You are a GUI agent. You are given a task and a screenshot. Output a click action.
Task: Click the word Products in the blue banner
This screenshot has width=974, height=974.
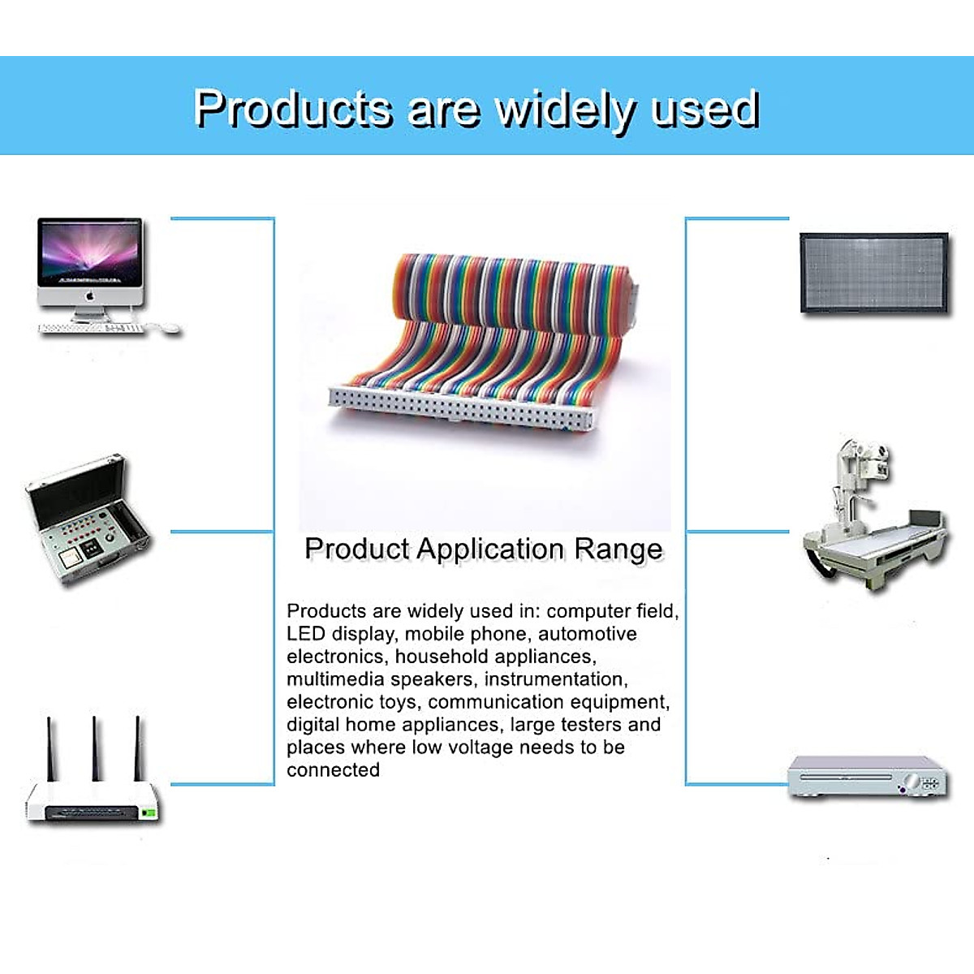294,108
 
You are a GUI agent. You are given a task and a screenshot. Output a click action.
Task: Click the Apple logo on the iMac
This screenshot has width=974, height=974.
90,295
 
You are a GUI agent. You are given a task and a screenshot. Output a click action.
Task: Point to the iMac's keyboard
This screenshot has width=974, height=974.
91,328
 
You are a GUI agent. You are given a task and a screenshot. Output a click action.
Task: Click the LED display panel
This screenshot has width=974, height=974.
874,273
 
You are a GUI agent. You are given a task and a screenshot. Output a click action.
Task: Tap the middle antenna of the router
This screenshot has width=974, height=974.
96,748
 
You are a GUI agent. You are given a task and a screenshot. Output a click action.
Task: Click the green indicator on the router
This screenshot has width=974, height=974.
149,812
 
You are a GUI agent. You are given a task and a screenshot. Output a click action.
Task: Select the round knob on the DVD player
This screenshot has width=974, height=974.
912,781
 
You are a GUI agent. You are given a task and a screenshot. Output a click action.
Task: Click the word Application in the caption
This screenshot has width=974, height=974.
489,550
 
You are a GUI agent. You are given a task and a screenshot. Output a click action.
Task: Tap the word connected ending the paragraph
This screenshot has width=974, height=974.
333,770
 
